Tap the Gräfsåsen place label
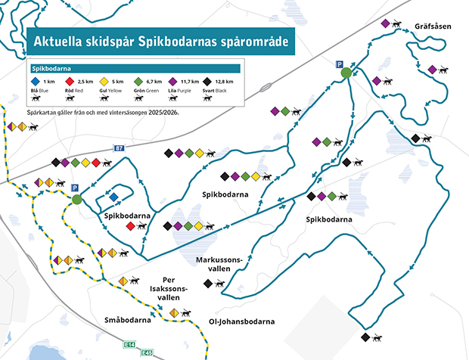click(x=433, y=26)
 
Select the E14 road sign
click(x=129, y=345)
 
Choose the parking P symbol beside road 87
click(x=74, y=188)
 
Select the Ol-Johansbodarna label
click(x=241, y=321)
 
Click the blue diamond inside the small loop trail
click(x=113, y=197)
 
